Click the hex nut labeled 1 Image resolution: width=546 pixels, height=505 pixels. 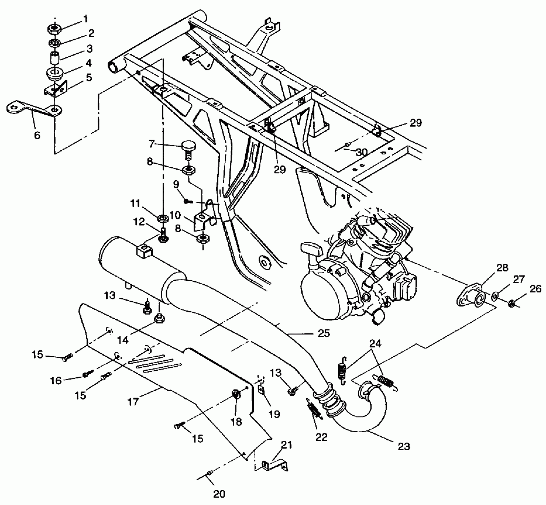coord(54,29)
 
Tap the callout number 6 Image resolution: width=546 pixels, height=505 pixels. coord(37,135)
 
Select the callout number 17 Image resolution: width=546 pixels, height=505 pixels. coord(133,402)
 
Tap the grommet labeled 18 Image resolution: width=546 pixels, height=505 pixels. coord(236,394)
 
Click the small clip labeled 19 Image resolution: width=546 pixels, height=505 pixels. coord(262,389)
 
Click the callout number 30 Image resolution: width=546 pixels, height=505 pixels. coord(362,152)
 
